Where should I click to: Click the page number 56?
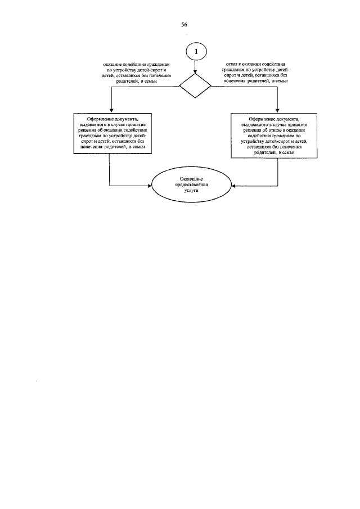coord(184,25)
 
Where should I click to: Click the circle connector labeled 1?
coord(195,51)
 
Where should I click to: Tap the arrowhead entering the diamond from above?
coord(195,71)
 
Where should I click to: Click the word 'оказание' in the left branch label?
coord(112,65)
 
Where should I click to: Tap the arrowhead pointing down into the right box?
coord(278,111)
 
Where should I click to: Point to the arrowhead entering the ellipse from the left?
coord(150,185)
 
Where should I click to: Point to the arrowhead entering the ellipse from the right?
coord(232,185)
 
